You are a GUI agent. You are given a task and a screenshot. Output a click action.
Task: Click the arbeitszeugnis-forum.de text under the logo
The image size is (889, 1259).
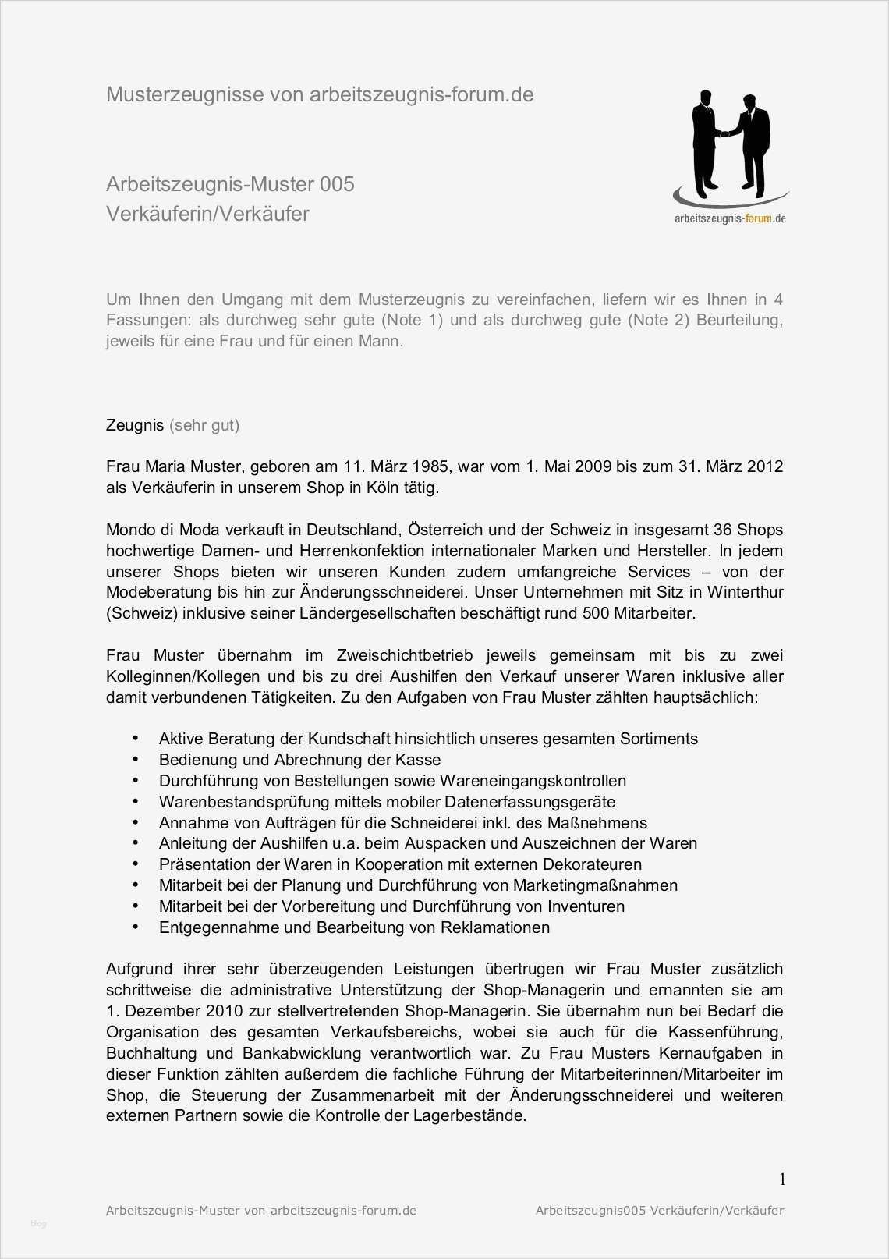pos(730,218)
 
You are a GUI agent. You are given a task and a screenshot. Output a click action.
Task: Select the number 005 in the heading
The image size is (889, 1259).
pos(337,184)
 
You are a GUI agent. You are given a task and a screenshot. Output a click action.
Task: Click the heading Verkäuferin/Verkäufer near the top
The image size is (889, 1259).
pos(207,214)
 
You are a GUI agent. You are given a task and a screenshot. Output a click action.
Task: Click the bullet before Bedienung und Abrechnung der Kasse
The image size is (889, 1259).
pos(136,759)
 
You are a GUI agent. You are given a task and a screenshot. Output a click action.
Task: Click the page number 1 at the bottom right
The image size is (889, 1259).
pos(782,1179)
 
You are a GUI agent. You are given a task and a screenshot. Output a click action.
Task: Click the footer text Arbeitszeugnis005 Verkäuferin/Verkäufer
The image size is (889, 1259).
pos(659,1211)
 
